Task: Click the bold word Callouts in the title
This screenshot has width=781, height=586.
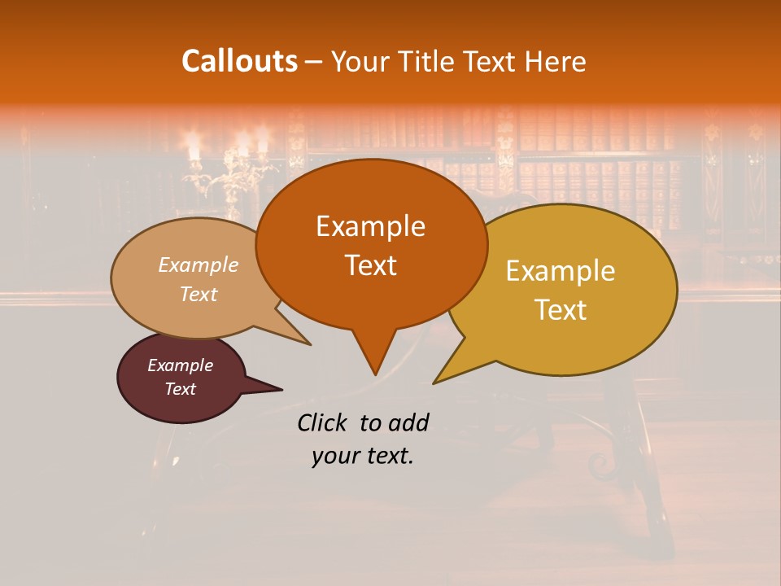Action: click(x=239, y=61)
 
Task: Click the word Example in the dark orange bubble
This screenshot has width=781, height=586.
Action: click(x=370, y=226)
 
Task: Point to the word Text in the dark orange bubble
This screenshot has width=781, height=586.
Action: click(x=370, y=265)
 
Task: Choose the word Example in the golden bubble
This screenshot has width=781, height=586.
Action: click(x=561, y=271)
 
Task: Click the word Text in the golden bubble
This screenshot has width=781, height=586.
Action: click(x=561, y=310)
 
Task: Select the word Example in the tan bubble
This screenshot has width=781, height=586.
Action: click(x=198, y=265)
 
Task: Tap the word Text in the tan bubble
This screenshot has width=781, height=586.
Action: click(x=198, y=294)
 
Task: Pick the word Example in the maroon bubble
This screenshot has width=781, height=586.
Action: click(x=180, y=365)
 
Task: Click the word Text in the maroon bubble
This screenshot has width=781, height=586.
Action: click(x=180, y=389)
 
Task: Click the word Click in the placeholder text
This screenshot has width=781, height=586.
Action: click(x=324, y=422)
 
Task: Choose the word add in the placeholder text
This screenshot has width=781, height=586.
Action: click(x=409, y=422)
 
